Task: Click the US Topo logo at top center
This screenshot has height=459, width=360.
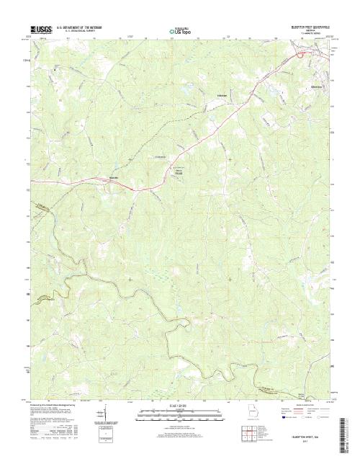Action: pyautogui.click(x=179, y=31)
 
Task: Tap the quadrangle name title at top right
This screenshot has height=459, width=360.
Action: pyautogui.click(x=306, y=26)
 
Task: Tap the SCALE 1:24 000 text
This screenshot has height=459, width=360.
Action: pyautogui.click(x=179, y=405)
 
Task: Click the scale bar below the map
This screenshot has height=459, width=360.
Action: pyautogui.click(x=179, y=412)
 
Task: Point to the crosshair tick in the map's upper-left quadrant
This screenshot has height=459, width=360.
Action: pyautogui.click(x=130, y=159)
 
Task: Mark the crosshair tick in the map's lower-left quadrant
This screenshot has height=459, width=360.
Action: pyautogui.click(x=130, y=279)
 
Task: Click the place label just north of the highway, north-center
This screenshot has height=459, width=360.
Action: pyautogui.click(x=221, y=94)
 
